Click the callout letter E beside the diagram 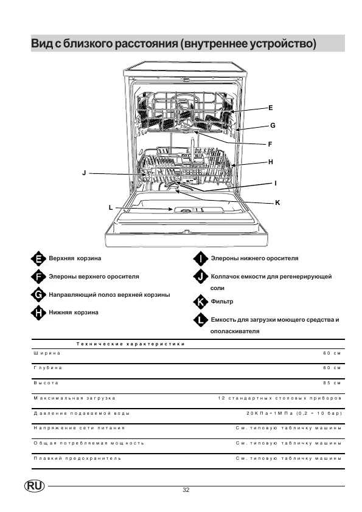(x=271, y=108)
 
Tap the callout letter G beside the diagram (x=273, y=125)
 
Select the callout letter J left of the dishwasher (x=84, y=173)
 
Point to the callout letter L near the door (x=111, y=207)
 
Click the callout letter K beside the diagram (x=277, y=202)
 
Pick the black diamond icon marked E (x=38, y=259)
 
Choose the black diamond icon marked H (x=38, y=313)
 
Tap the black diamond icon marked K (x=200, y=302)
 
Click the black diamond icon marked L (x=200, y=320)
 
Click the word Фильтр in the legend (x=222, y=302)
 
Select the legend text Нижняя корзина (x=74, y=313)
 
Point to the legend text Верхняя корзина (x=75, y=258)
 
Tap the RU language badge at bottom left (x=34, y=486)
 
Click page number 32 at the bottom (x=186, y=490)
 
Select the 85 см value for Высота (x=332, y=382)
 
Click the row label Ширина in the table (x=47, y=353)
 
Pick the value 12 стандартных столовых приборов (x=280, y=398)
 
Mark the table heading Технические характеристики (x=130, y=344)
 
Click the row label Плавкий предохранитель (x=77, y=458)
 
